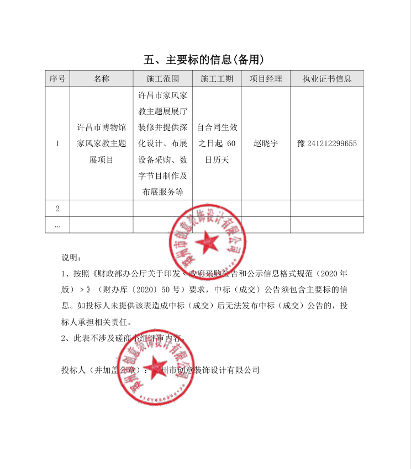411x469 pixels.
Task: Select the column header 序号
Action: [x=57, y=78]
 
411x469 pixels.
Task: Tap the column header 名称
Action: [x=102, y=78]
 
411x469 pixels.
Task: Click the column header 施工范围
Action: [x=164, y=78]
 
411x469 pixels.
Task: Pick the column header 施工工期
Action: [x=217, y=78]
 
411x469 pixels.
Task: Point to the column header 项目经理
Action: [x=266, y=78]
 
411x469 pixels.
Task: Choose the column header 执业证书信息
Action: [x=326, y=78]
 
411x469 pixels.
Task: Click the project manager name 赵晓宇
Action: [x=266, y=143]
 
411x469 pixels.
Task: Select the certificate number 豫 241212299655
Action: [x=326, y=143]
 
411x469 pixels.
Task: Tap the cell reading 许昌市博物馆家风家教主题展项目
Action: [x=102, y=143]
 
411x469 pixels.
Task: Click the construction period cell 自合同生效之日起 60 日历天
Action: [x=217, y=143]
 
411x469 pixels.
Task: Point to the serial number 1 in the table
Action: [x=57, y=143]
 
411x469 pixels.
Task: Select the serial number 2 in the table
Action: [x=57, y=209]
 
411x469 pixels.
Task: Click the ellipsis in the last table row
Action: [x=57, y=225]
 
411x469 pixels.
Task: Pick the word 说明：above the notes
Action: [x=71, y=258]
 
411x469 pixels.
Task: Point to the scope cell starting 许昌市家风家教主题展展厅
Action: [x=164, y=143]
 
